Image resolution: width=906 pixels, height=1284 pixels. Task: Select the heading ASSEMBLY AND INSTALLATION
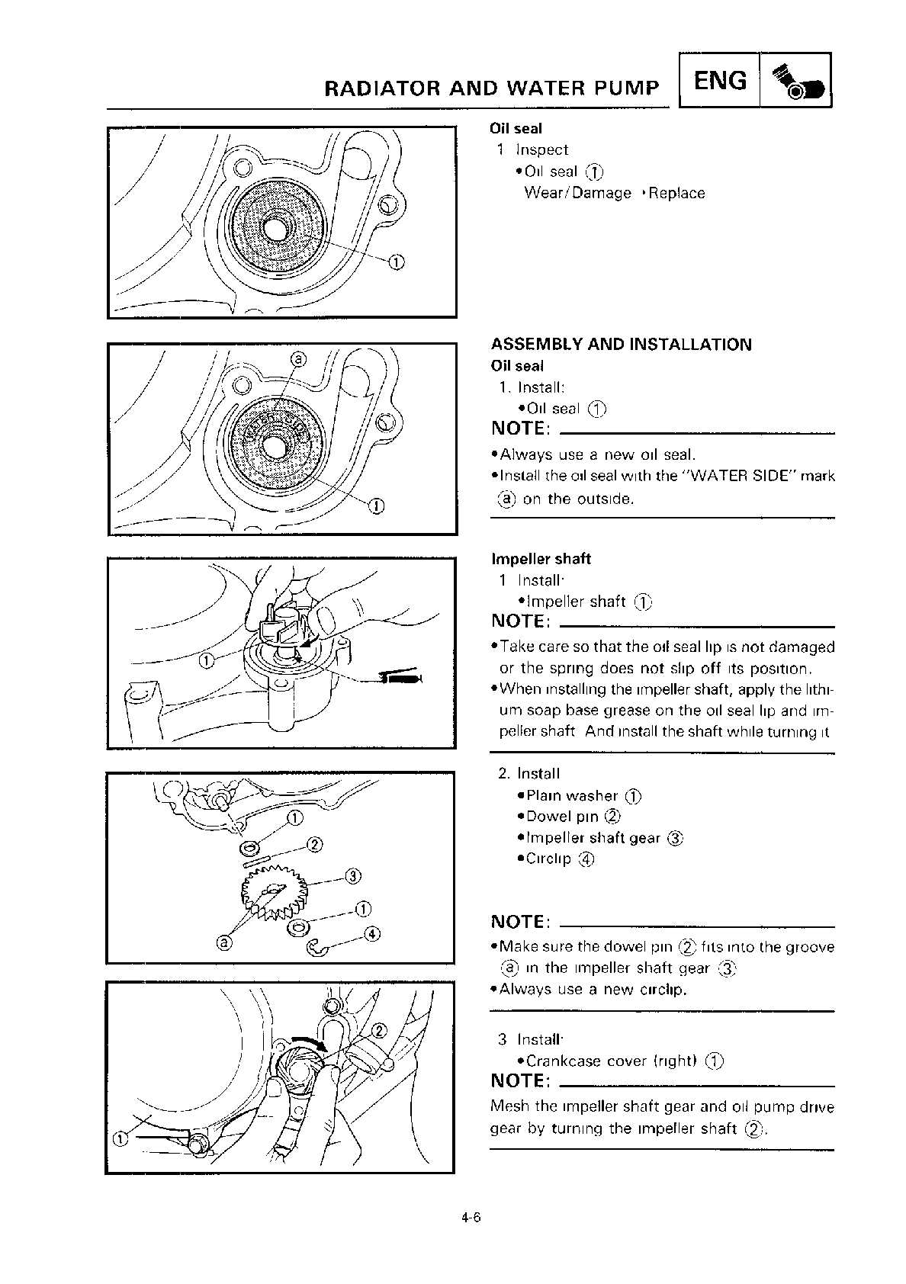click(621, 345)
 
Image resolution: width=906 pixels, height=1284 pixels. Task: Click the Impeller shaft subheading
click(541, 559)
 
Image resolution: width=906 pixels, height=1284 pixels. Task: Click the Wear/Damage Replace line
click(614, 193)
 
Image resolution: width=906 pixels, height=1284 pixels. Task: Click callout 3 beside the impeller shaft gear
click(352, 875)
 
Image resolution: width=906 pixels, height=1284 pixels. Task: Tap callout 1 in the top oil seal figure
click(396, 263)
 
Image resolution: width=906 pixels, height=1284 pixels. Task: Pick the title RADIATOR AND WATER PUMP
click(492, 88)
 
